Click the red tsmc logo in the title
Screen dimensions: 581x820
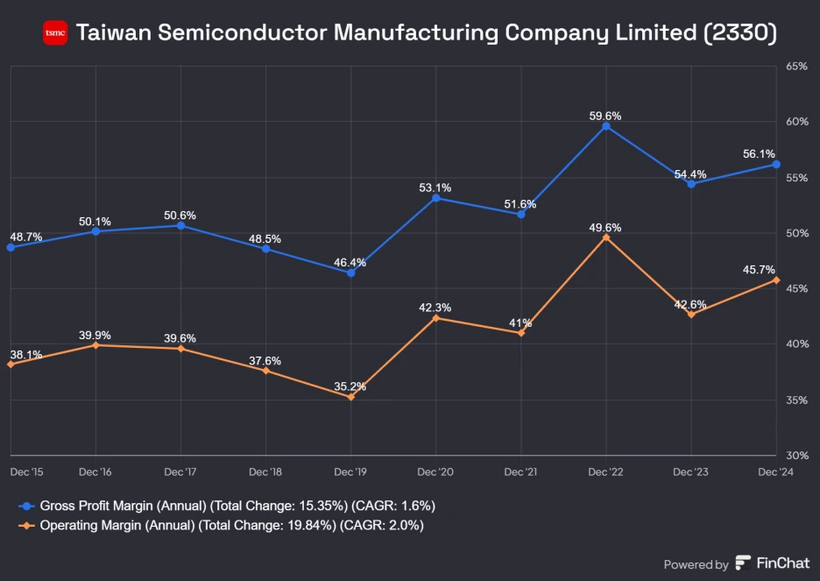pos(55,33)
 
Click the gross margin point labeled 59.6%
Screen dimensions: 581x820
pos(606,126)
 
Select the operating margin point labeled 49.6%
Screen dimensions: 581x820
pos(606,237)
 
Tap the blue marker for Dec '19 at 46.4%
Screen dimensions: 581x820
pos(350,273)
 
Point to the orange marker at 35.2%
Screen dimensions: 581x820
pos(350,397)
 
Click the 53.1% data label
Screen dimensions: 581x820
pos(435,188)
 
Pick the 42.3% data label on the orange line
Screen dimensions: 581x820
pos(435,308)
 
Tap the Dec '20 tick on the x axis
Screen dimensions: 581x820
pos(435,471)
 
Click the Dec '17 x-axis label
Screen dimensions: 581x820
pos(180,471)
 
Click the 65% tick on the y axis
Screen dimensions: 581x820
pos(796,66)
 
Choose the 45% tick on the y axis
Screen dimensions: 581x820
pos(796,288)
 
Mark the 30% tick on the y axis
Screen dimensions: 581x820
pos(796,456)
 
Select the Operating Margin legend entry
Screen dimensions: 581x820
pos(225,525)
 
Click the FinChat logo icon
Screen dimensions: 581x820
pos(743,563)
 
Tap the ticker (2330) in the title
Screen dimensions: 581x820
pos(739,33)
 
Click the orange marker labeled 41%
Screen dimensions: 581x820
pos(521,333)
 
